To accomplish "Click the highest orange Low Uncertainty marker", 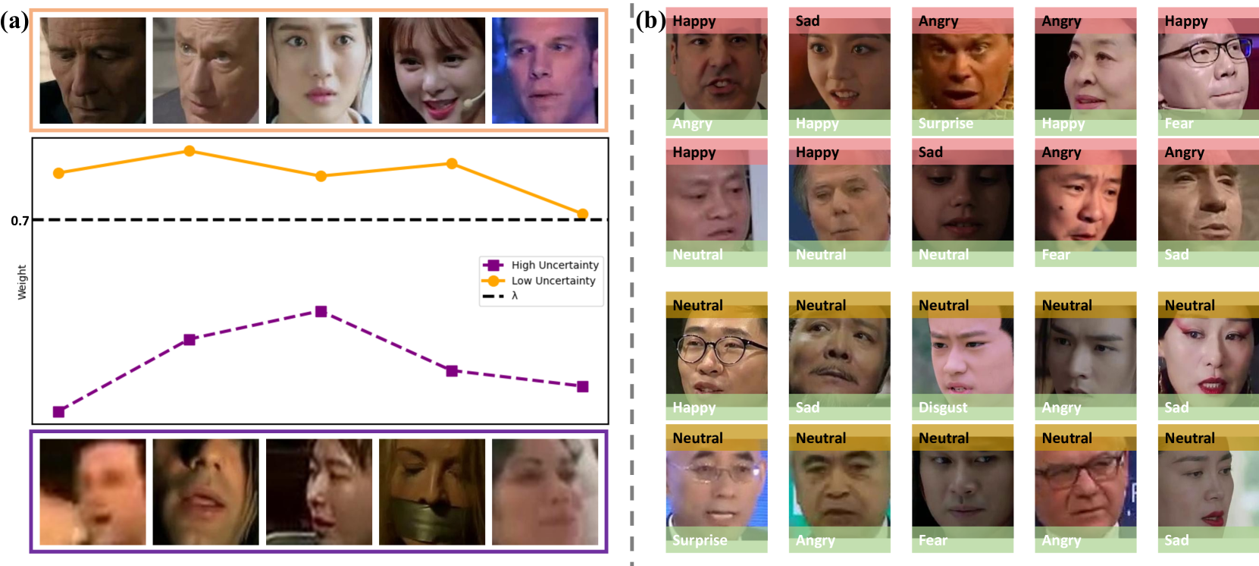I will point(189,151).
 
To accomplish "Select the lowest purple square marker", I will point(58,412).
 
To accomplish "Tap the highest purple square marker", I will point(321,312).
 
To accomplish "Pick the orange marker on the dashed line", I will point(582,215).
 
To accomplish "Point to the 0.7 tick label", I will point(20,221).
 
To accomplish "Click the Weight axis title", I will point(22,282).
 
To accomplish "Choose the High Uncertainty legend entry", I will point(554,265).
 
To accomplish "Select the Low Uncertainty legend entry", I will point(553,281).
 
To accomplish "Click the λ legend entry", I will point(515,296).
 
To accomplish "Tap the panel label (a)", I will point(14,20).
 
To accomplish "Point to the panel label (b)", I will point(650,20).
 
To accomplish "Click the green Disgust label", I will point(943,407).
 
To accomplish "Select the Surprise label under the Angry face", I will point(945,123).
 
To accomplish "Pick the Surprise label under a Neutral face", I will point(700,540).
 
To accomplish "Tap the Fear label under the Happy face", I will point(1179,123).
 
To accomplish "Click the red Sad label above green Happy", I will point(807,21).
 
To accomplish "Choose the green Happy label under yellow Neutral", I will point(694,407).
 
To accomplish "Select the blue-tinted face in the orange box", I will point(544,71).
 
